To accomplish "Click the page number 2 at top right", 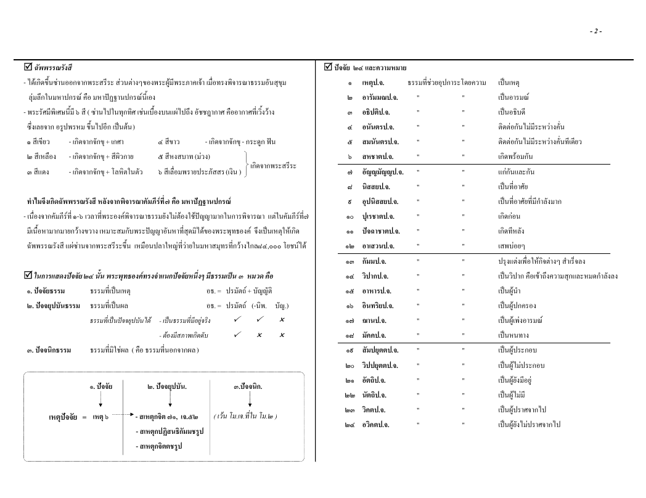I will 595,31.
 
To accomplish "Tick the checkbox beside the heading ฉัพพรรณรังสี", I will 19,67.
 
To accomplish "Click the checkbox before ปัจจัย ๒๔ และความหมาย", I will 328,67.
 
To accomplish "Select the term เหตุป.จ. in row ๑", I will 374,82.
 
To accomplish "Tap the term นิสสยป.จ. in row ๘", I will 377,186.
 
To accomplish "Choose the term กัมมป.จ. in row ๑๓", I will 375,261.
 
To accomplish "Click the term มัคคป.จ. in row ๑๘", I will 375,335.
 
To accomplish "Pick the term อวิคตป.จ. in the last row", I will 375,425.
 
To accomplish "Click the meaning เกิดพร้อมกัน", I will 517,157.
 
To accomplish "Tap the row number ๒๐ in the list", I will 349,365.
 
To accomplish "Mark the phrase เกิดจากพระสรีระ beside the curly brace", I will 273,165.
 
